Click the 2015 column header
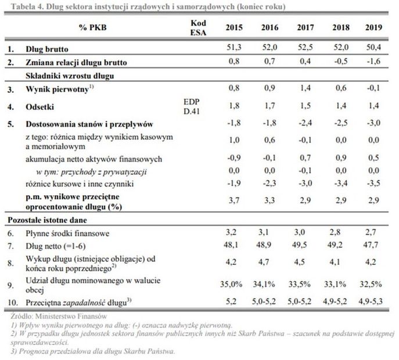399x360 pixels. point(233,27)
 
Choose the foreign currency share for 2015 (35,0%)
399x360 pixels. point(233,285)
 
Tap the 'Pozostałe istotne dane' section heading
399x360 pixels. point(46,221)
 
